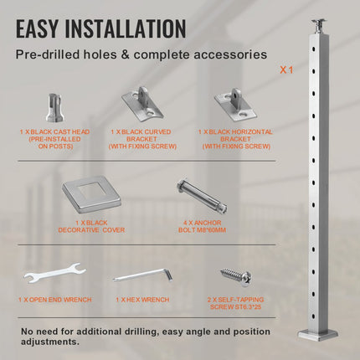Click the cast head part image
(x=55, y=108)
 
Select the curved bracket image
(x=142, y=104)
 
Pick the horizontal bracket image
(x=235, y=105)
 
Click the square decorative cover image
(x=91, y=196)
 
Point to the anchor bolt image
(x=202, y=197)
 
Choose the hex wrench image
(x=143, y=275)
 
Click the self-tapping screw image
(x=236, y=277)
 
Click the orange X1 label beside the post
(x=286, y=69)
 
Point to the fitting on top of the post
(x=319, y=26)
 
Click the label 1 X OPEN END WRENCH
(x=55, y=300)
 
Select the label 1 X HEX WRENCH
(x=142, y=300)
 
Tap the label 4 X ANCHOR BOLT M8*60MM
(x=202, y=226)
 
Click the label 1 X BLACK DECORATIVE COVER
(x=91, y=226)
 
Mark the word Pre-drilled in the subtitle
(x=48, y=54)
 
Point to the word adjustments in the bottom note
(x=50, y=342)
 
